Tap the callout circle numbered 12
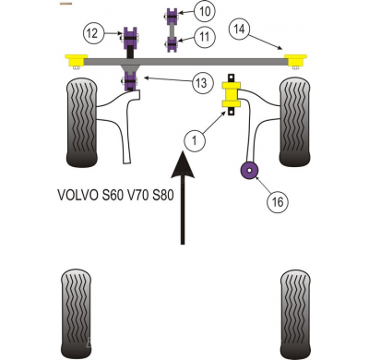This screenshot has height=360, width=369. pos(90,34)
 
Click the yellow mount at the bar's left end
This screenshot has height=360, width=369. pos(74,62)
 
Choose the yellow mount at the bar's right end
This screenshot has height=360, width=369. pos(295,62)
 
